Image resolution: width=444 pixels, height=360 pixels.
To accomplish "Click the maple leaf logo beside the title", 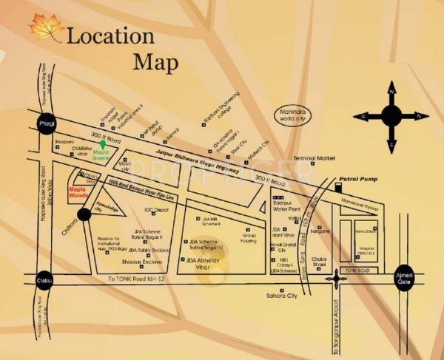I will (46, 27).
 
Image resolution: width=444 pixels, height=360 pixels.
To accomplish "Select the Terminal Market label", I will (314, 158).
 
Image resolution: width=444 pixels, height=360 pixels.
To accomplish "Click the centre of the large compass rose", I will (391, 115).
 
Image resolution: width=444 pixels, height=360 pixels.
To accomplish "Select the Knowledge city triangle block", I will (98, 211).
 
